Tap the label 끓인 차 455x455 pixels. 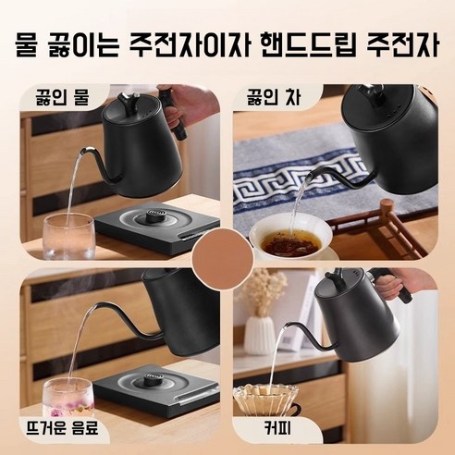pyautogui.click(x=267, y=95)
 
